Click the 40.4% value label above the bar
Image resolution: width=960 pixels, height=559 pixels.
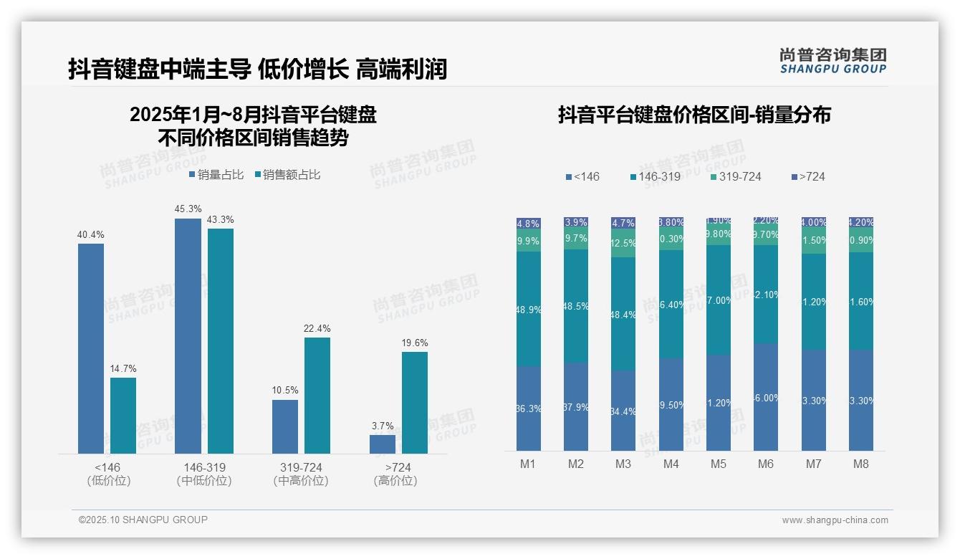click(x=90, y=234)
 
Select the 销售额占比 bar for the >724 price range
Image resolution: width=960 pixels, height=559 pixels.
click(x=414, y=402)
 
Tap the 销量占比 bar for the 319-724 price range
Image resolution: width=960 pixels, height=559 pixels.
click(x=285, y=426)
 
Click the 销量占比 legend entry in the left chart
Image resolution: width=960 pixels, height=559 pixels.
click(x=216, y=175)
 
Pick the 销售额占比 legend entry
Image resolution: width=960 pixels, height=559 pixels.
click(x=287, y=175)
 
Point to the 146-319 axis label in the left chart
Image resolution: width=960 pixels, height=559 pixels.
click(x=204, y=467)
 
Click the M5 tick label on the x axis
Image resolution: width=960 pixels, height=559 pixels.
click(x=718, y=464)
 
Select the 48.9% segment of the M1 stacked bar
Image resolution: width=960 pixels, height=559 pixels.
click(x=529, y=309)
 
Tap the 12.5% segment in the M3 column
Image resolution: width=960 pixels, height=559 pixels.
click(x=623, y=243)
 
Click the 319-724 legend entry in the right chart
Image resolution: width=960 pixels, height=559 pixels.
click(x=736, y=176)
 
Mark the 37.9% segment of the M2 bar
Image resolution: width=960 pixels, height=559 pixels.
click(x=576, y=406)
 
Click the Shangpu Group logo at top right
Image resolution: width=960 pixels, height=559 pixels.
click(x=832, y=60)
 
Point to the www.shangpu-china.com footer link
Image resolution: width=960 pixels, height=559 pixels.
click(x=835, y=520)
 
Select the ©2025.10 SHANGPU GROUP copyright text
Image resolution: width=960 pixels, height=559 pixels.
click(x=143, y=520)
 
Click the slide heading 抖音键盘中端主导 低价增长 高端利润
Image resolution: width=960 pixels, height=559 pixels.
click(x=257, y=69)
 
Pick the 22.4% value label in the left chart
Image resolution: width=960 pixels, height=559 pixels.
click(x=317, y=328)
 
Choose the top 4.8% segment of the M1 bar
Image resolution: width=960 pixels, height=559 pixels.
click(x=529, y=224)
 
